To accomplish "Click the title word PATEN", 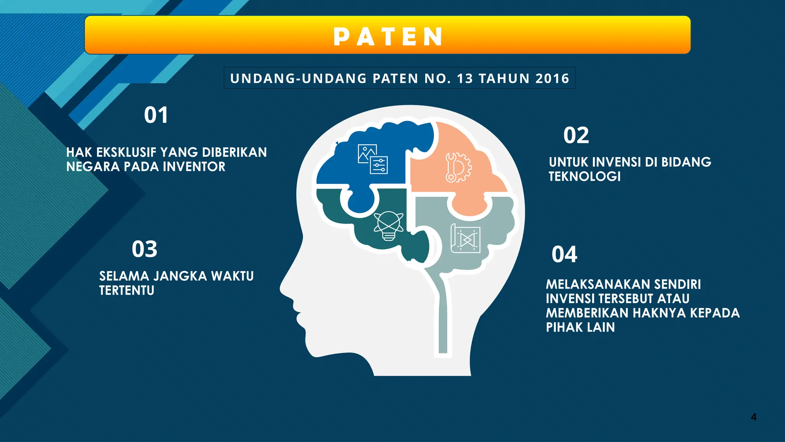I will pyautogui.click(x=388, y=37).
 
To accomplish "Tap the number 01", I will pyautogui.click(x=156, y=115).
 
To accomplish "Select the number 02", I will pyautogui.click(x=576, y=135).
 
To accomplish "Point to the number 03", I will pyautogui.click(x=145, y=249).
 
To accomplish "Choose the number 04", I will pyautogui.click(x=564, y=254).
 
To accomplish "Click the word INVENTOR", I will pyautogui.click(x=194, y=167).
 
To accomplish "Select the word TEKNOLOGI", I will pyautogui.click(x=585, y=176).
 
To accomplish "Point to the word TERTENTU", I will pyautogui.click(x=126, y=290).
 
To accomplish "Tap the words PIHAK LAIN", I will pyautogui.click(x=580, y=327).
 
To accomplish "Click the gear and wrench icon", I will pyautogui.click(x=458, y=167).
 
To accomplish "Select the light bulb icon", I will pyautogui.click(x=388, y=226).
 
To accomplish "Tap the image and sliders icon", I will pyautogui.click(x=373, y=159).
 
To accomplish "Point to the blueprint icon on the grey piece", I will pyautogui.click(x=465, y=239).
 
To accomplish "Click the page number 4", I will pyautogui.click(x=754, y=417).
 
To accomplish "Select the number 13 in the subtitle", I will pyautogui.click(x=465, y=79).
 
